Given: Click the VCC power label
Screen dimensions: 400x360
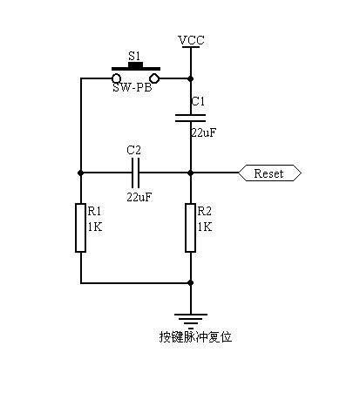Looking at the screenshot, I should [192, 41].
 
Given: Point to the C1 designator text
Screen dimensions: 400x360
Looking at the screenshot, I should [198, 101].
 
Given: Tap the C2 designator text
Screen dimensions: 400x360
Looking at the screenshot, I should [133, 150].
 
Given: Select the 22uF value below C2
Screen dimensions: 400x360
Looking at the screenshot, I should [139, 197].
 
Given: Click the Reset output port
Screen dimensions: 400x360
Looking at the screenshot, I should [269, 173].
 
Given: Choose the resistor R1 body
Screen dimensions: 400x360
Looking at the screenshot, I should [80, 227].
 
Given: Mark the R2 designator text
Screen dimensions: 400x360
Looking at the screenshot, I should [204, 211].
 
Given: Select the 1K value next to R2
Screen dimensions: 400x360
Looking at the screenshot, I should [204, 226].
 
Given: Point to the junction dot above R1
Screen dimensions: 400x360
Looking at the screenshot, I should [80, 173].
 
